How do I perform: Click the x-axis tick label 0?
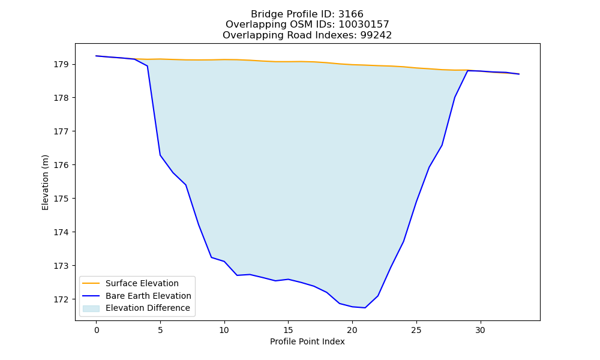click(97, 330)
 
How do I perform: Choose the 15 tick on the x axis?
click(288, 330)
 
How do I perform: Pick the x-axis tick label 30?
click(480, 330)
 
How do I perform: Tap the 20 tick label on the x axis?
click(352, 330)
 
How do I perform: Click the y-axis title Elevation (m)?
click(45, 182)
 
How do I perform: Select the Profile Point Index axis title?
click(307, 341)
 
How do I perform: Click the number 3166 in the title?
click(351, 14)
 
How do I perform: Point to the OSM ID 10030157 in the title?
click(364, 25)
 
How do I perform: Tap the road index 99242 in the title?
click(376, 35)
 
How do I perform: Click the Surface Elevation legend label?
click(142, 283)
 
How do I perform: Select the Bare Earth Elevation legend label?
click(148, 296)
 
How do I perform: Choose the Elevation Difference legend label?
click(148, 308)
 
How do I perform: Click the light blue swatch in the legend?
click(91, 308)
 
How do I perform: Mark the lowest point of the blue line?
click(365, 308)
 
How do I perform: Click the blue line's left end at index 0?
click(96, 56)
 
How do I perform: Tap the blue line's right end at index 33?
click(519, 74)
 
